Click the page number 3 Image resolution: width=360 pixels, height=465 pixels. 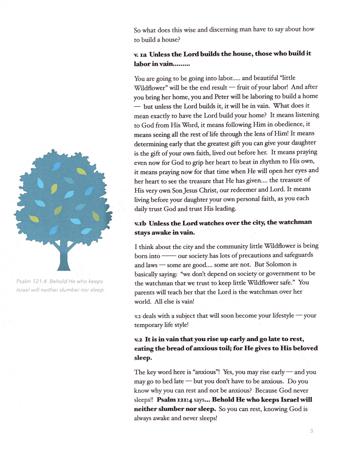311,431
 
